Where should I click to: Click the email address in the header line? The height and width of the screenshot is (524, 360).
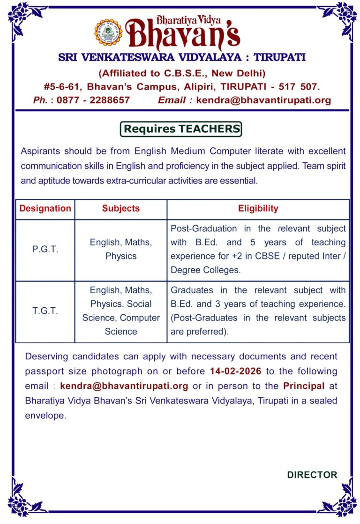263,100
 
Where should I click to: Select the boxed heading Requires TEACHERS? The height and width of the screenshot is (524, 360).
181,129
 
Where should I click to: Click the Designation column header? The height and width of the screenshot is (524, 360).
45,208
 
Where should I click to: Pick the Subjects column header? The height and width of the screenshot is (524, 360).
121,208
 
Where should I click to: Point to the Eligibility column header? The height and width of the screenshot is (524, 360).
258,208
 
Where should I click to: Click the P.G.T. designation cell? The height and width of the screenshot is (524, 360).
45,250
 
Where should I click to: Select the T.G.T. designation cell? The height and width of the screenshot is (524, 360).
45,311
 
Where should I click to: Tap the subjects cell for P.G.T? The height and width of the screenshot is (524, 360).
121,249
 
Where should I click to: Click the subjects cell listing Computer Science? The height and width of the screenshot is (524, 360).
121,311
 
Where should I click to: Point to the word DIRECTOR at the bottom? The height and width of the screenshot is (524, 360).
312,475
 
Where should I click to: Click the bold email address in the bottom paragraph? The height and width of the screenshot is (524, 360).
124,386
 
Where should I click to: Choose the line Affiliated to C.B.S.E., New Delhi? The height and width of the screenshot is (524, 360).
182,73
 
